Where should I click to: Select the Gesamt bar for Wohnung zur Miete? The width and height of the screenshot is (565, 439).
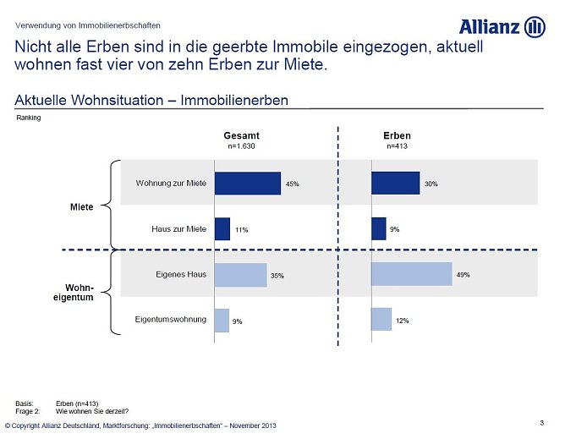pyautogui.click(x=247, y=183)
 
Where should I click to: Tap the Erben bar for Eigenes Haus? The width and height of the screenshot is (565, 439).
pyautogui.click(x=411, y=274)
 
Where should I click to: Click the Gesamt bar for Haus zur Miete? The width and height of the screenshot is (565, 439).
pyautogui.click(x=222, y=228)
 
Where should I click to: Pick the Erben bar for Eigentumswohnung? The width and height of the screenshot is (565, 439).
pyautogui.click(x=381, y=319)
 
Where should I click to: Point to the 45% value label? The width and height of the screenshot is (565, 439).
pyautogui.click(x=292, y=184)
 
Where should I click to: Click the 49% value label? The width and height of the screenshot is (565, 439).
pyautogui.click(x=463, y=275)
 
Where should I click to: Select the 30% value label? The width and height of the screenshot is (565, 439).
pyautogui.click(x=431, y=184)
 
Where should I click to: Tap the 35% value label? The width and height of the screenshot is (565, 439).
pyautogui.click(x=277, y=275)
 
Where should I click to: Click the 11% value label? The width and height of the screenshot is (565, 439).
pyautogui.click(x=241, y=229)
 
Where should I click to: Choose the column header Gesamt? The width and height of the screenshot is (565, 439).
pyautogui.click(x=241, y=135)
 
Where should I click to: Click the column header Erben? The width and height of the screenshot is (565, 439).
pyautogui.click(x=397, y=135)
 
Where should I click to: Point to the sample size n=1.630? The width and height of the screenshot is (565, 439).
pyautogui.click(x=241, y=146)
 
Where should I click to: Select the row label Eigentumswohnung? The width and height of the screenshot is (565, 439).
pyautogui.click(x=170, y=319)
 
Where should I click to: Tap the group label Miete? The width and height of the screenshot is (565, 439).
pyautogui.click(x=81, y=206)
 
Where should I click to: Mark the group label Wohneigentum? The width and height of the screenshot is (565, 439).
pyautogui.click(x=80, y=292)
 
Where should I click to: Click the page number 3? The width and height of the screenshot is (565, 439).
pyautogui.click(x=540, y=421)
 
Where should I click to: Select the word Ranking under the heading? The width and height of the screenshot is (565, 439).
pyautogui.click(x=29, y=118)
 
